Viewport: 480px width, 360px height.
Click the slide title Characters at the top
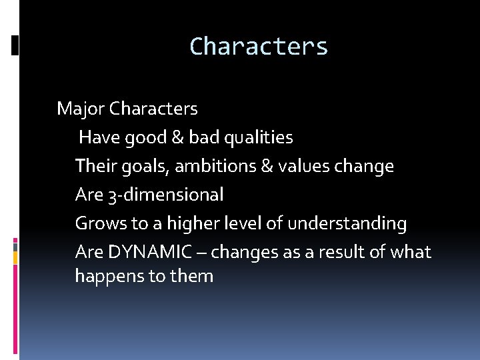[259, 47]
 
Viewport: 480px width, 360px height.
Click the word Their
[92, 165]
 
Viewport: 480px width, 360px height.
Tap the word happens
[106, 276]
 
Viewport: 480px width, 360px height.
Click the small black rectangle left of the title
[15, 45]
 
